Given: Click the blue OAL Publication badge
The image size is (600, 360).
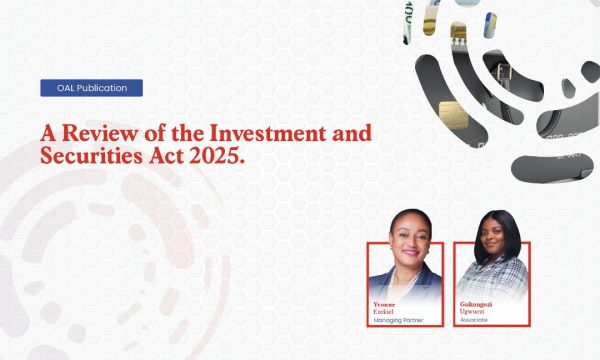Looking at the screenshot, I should (x=91, y=88).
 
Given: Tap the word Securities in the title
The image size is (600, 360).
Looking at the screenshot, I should (x=89, y=157).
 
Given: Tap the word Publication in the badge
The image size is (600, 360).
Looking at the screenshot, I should (x=101, y=88).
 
